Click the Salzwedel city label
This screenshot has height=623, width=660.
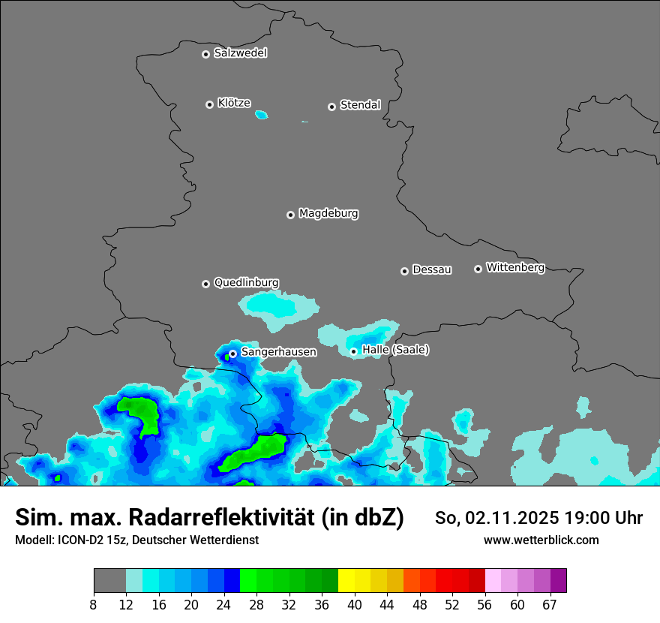tap(240, 53)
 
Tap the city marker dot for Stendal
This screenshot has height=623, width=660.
tap(331, 107)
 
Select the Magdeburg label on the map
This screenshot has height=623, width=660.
tap(328, 214)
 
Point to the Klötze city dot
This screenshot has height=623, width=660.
tap(209, 104)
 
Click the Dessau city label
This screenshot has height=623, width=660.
tap(432, 270)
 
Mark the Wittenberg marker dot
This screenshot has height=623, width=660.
tap(478, 269)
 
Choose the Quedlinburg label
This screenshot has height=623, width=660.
tap(246, 283)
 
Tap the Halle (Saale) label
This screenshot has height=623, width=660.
tap(395, 350)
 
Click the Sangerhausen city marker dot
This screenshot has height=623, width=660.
tap(232, 354)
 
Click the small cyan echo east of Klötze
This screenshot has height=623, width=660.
tap(261, 115)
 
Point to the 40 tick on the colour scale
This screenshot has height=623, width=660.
tap(355, 604)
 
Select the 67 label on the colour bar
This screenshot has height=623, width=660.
tap(550, 604)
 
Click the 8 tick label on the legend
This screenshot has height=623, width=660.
tap(94, 604)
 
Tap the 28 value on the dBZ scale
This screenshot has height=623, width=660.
tap(256, 604)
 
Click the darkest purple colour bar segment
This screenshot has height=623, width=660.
tap(558, 581)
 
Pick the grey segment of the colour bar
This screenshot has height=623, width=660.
tap(109, 581)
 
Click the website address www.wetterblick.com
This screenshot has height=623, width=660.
tap(541, 540)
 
